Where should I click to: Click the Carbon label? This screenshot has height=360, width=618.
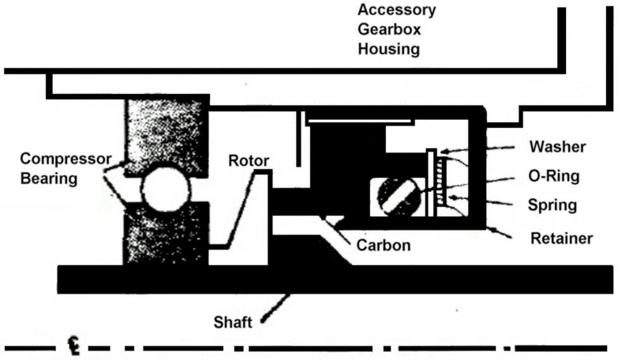click(383, 245)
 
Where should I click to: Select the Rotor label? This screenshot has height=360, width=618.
click(249, 162)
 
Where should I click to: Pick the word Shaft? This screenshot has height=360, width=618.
click(234, 322)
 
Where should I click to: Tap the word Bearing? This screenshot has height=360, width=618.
click(50, 178)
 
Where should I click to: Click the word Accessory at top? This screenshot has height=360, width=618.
click(396, 11)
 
